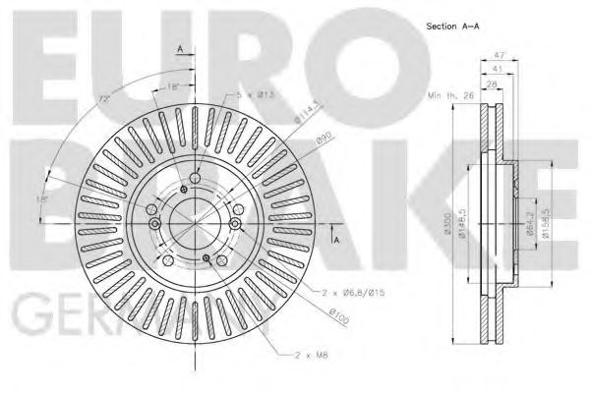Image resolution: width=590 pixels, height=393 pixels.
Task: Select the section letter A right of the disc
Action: coord(335,239)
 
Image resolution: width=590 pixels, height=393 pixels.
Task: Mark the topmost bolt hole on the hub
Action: coord(195,178)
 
